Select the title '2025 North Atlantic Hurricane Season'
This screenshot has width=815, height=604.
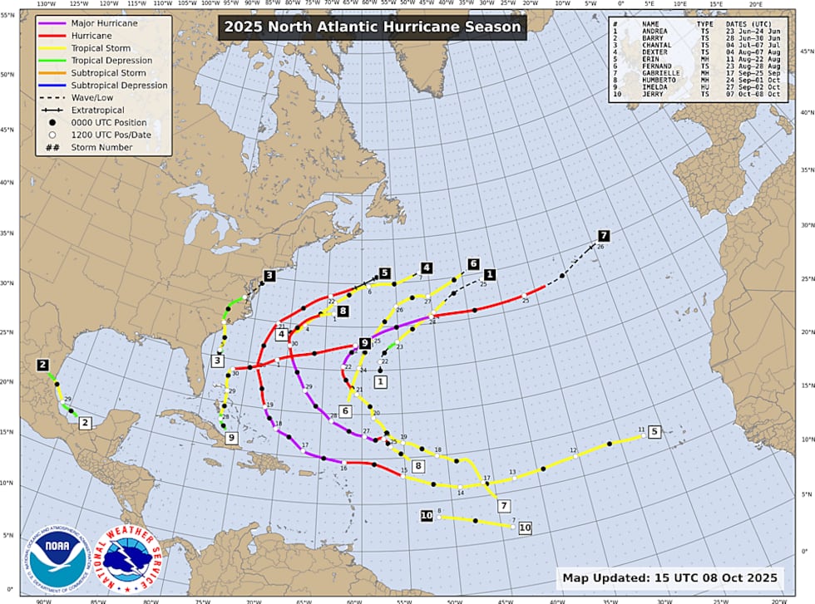(x=371, y=27)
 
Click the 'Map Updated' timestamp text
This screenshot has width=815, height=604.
(x=669, y=577)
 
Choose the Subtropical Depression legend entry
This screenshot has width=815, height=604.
(x=119, y=86)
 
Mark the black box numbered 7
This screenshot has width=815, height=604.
(x=604, y=235)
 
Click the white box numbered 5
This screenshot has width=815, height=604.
(x=654, y=431)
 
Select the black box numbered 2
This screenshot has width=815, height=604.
(x=42, y=365)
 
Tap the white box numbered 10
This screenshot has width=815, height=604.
(x=525, y=527)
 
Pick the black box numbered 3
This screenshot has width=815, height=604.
(x=269, y=275)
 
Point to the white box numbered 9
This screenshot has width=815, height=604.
(x=231, y=438)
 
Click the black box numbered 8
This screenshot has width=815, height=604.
(x=343, y=311)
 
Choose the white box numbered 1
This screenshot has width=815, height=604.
(x=380, y=382)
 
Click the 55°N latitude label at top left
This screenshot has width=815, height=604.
(x=7, y=16)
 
